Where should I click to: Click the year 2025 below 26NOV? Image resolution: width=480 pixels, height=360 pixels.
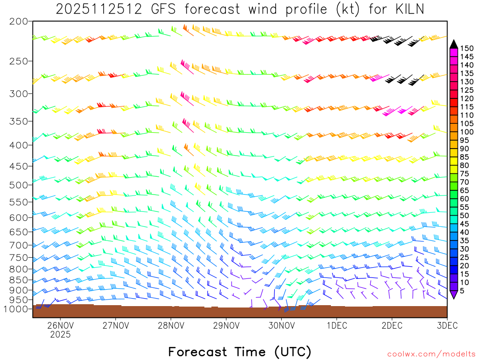tap(60, 335)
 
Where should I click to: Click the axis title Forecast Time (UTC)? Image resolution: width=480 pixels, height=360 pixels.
tap(240, 352)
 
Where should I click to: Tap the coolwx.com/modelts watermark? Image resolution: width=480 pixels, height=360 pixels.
tap(431, 354)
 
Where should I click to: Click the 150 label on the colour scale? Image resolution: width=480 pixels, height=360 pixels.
tap(467, 48)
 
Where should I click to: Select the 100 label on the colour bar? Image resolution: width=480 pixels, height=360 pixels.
tap(467, 132)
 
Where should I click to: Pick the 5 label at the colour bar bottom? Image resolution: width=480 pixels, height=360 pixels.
tap(463, 291)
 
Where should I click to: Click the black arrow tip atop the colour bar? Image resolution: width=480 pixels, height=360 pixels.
tap(453, 44)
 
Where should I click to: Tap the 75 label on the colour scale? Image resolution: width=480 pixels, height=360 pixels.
tap(465, 174)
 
